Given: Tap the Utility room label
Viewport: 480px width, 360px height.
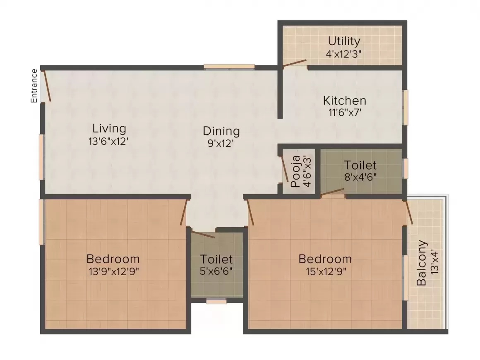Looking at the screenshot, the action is [x=344, y=41].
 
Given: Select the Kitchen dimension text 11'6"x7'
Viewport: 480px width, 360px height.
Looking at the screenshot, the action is [x=345, y=113].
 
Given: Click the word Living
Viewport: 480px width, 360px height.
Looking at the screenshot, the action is [x=109, y=129].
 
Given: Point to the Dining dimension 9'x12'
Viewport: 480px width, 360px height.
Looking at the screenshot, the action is [x=221, y=143].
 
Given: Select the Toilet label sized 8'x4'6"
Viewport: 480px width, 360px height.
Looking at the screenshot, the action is [x=360, y=165].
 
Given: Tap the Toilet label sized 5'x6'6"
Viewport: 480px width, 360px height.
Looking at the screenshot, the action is [x=216, y=259].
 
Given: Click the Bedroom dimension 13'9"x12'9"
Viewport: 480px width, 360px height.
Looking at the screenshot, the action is [x=114, y=271].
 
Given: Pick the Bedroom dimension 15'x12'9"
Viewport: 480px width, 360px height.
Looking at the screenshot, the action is [x=326, y=271].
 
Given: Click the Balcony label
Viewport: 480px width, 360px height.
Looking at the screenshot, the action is [x=422, y=263].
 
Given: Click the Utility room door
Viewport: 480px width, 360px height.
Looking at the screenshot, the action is [x=294, y=63].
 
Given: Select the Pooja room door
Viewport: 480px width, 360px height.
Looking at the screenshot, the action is [x=284, y=169].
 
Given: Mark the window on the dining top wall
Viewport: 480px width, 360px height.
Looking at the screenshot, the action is [x=229, y=67].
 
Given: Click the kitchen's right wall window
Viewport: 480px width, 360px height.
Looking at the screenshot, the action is [x=406, y=107].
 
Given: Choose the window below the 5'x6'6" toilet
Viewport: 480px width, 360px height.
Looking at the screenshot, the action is [x=216, y=302].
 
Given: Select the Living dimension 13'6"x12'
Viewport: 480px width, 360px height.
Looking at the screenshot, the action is [x=108, y=142].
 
